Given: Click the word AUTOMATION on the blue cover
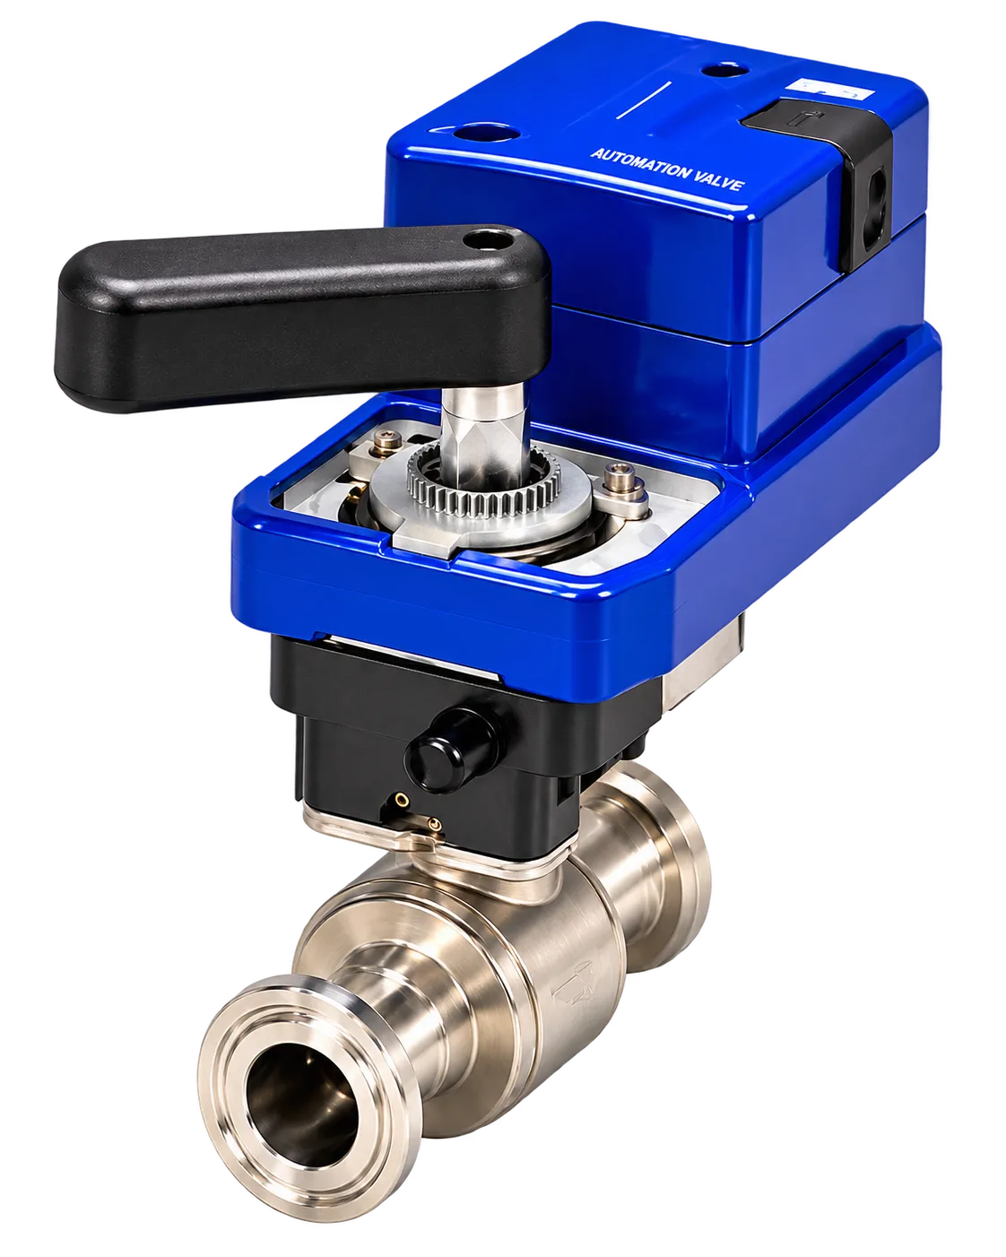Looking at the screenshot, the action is [x=639, y=164].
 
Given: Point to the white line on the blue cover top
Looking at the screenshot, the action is [x=644, y=100].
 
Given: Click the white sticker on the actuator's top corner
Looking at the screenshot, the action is [x=829, y=91].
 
